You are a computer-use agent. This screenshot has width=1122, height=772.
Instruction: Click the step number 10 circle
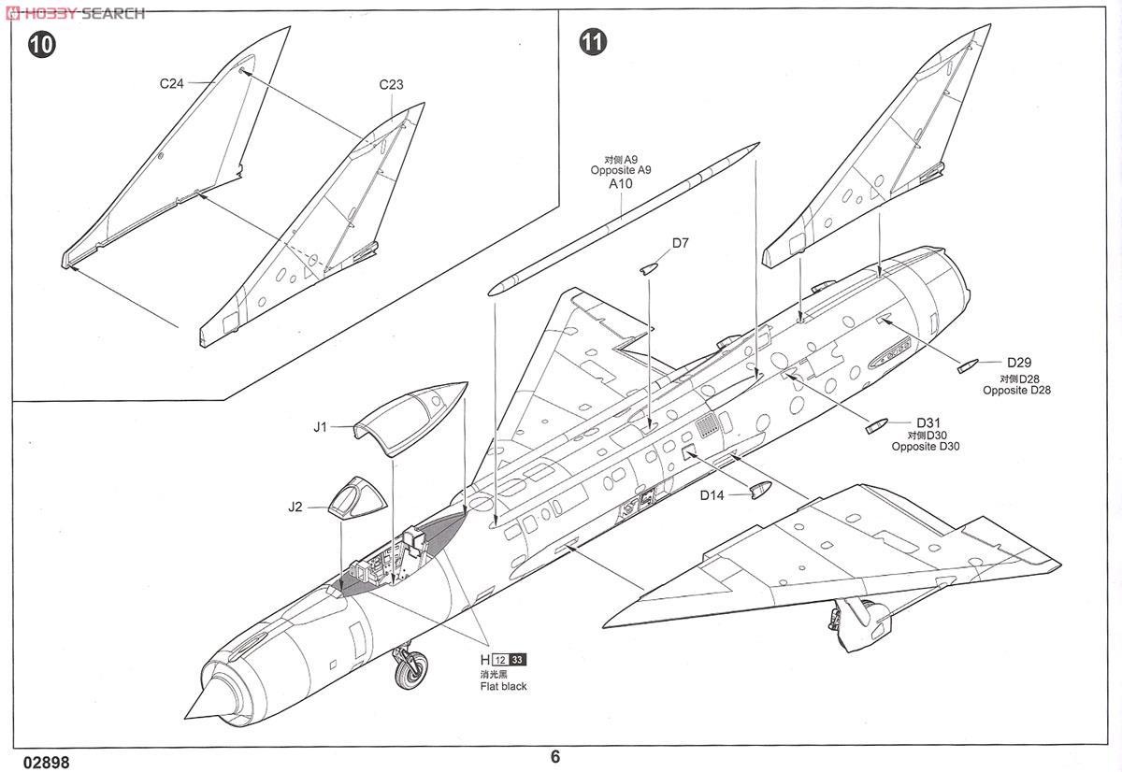click(41, 45)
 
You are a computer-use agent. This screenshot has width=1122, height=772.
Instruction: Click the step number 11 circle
click(593, 41)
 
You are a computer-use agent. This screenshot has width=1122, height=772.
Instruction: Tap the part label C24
click(172, 83)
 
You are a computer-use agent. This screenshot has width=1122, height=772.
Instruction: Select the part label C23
click(391, 85)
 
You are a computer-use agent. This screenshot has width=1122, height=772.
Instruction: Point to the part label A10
click(621, 184)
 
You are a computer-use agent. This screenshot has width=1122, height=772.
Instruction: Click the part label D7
click(681, 243)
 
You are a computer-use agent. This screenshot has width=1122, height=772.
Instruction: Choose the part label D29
click(1019, 363)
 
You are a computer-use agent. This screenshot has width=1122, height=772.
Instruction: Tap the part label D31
click(928, 423)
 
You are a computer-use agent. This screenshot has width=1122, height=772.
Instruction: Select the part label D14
click(712, 495)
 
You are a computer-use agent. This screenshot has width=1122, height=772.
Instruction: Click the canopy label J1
click(320, 427)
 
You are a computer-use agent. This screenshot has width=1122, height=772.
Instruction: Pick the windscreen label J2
click(295, 508)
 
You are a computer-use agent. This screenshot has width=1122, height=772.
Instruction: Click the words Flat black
click(503, 686)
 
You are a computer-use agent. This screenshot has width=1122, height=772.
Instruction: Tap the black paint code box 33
click(517, 660)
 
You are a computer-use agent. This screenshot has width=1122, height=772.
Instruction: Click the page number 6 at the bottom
click(555, 756)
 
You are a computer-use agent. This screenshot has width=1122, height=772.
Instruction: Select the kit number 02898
click(46, 763)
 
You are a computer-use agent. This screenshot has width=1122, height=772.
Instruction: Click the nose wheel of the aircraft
click(411, 670)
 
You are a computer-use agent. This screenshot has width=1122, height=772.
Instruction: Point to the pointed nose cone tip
click(185, 718)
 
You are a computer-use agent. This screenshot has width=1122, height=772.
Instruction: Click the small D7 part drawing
click(648, 269)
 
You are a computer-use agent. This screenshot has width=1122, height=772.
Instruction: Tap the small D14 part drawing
click(761, 490)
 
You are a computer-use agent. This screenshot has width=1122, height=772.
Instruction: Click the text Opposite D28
click(1017, 390)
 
